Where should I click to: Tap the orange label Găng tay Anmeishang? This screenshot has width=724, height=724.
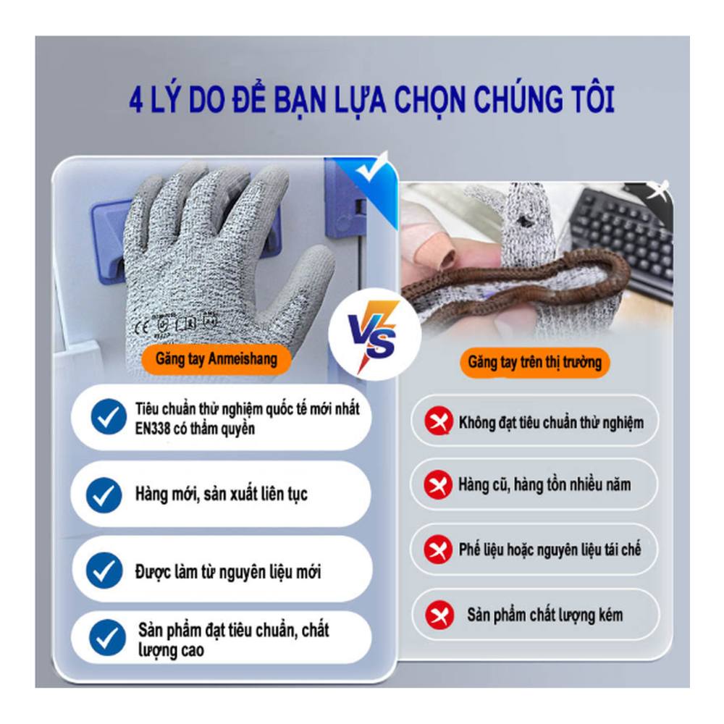pos(216,359)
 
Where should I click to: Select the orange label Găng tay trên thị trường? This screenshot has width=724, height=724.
pos(534,362)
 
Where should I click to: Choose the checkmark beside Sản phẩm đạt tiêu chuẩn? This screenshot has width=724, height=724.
pos(108,638)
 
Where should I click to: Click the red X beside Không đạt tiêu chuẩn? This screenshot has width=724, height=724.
pos(437,421)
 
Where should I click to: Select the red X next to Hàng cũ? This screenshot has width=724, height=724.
pos(437,484)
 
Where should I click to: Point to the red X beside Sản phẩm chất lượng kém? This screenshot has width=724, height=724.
pos(439,615)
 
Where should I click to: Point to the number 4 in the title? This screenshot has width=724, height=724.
pos(136,101)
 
